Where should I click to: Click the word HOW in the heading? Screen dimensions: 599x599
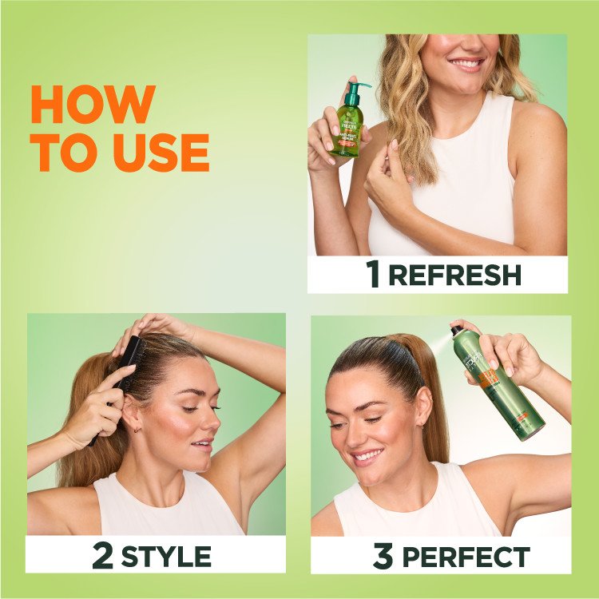click(x=92, y=104)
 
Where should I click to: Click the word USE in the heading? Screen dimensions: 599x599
click(x=161, y=153)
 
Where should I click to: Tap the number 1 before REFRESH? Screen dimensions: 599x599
click(x=373, y=274)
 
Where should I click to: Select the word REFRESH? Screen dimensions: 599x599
click(x=454, y=275)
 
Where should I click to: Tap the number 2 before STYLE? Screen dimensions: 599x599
click(x=103, y=555)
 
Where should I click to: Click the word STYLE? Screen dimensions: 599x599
click(x=166, y=556)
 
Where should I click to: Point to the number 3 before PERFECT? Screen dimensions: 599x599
click(x=383, y=556)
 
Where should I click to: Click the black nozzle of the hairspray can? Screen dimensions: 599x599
click(x=458, y=328)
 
